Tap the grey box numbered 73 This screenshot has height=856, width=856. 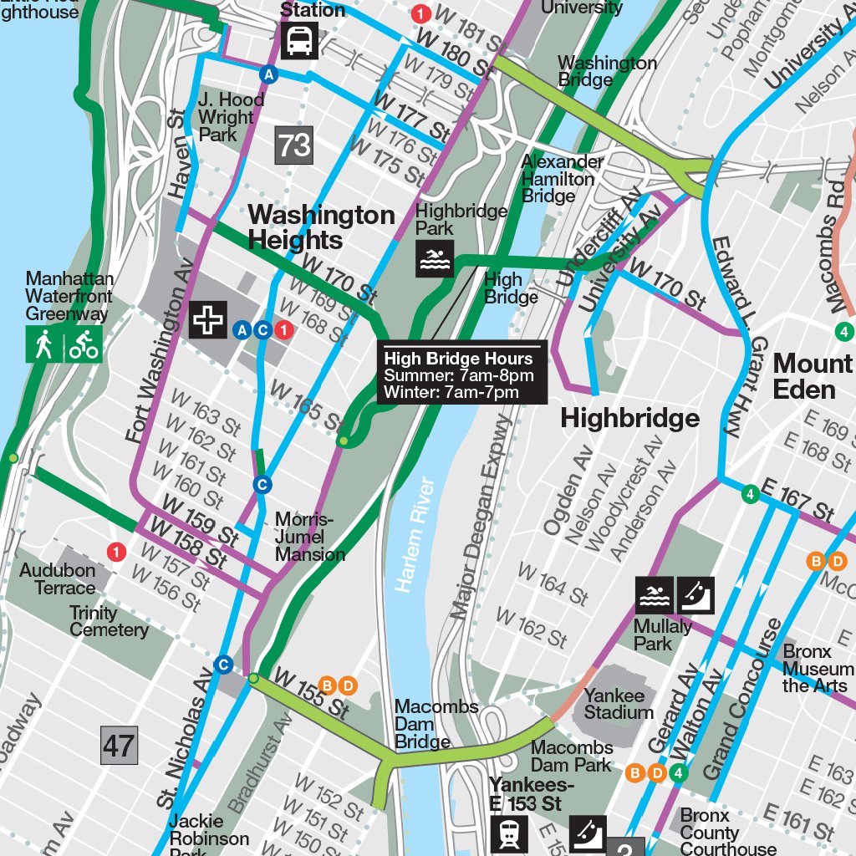[294, 145]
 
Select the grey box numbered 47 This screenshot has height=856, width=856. [119, 745]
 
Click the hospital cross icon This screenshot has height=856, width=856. [207, 320]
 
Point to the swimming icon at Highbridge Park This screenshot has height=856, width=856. [435, 258]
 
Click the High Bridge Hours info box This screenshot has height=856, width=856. [462, 374]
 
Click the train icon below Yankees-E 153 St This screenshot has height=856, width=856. [509, 835]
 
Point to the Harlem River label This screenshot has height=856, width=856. [415, 535]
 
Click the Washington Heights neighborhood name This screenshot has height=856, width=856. [321, 227]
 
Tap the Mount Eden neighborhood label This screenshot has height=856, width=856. [812, 376]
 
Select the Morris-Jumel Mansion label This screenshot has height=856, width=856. [309, 537]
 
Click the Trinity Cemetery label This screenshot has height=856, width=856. [109, 621]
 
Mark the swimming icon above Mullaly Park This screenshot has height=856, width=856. [655, 596]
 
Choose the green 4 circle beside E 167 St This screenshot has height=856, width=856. [750, 495]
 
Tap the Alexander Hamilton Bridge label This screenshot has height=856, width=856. [562, 178]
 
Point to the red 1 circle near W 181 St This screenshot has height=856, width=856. [421, 13]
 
